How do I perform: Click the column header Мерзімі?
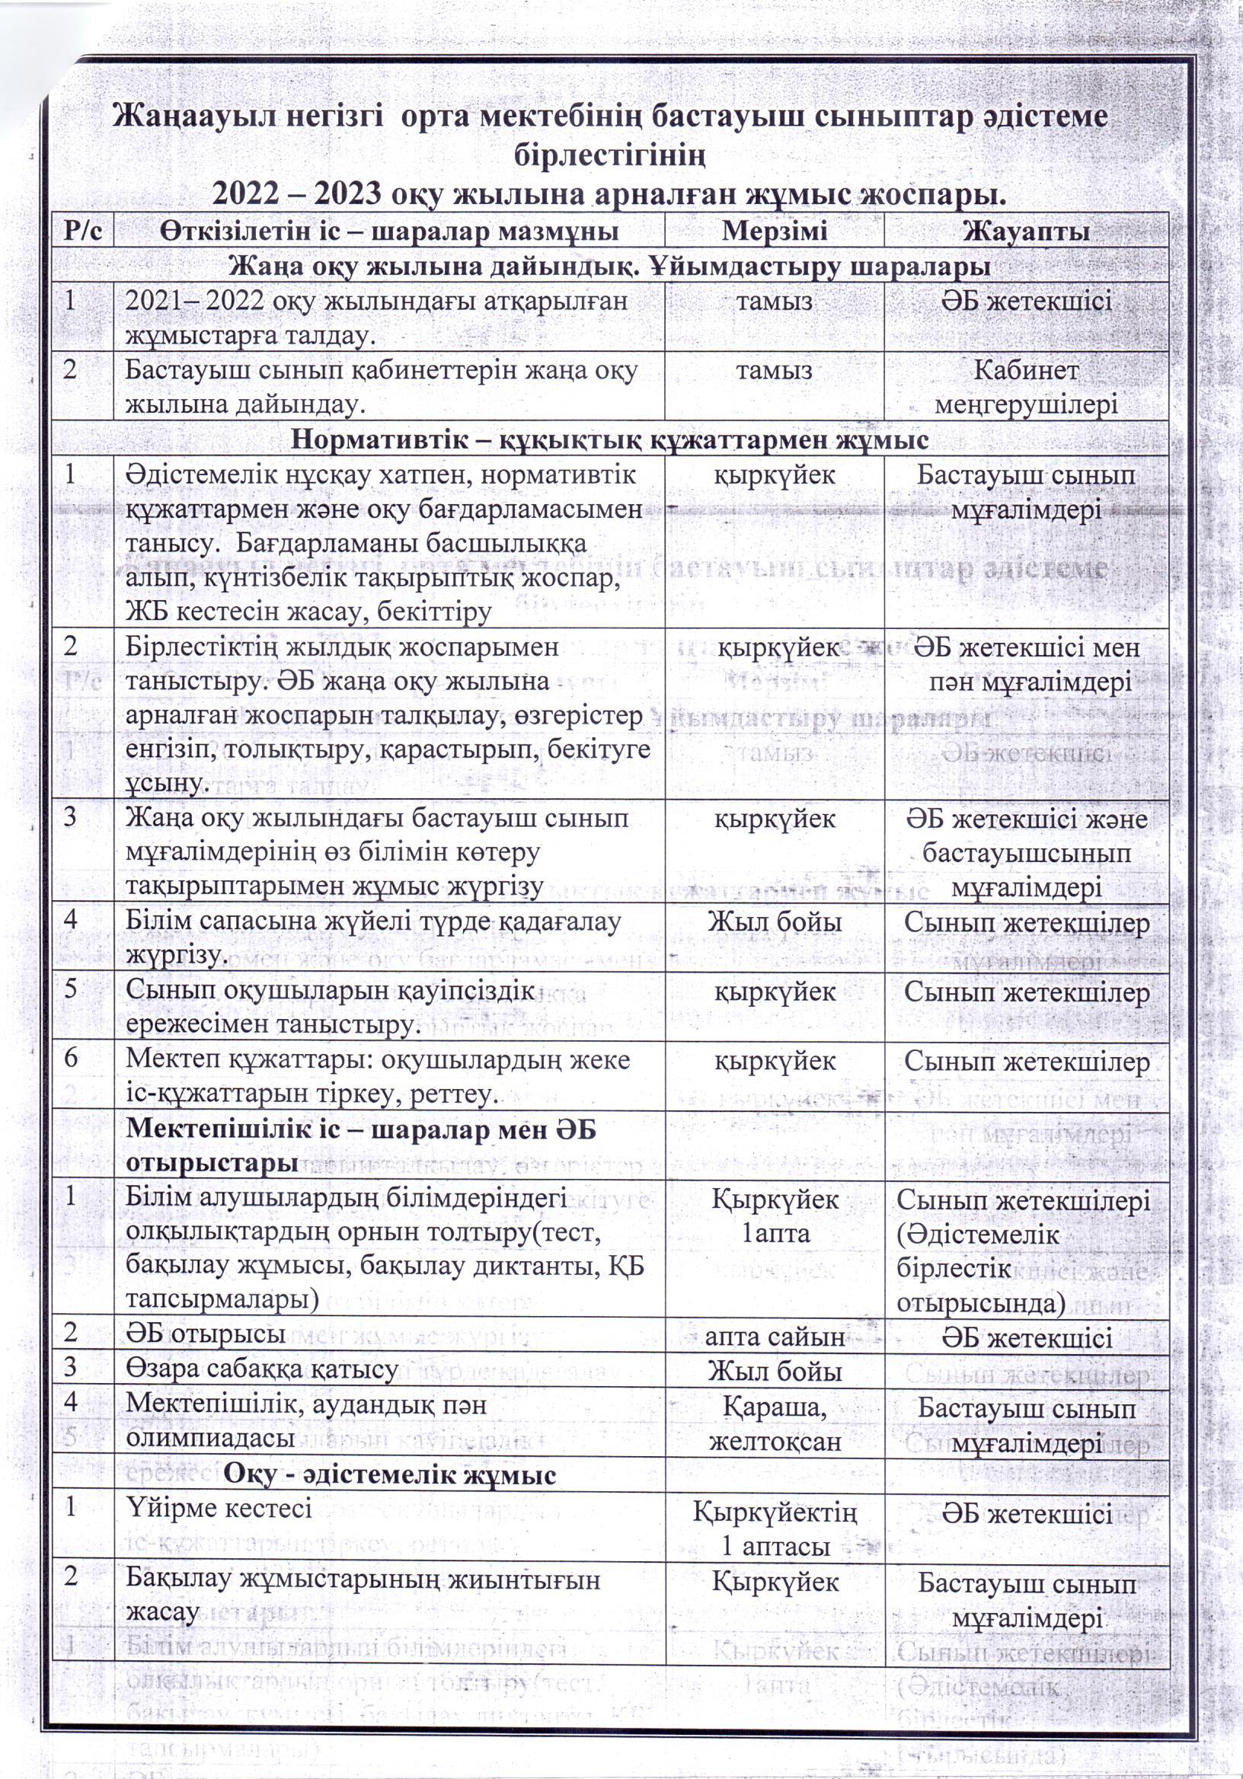[x=774, y=231]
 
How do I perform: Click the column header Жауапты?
[x=1026, y=231]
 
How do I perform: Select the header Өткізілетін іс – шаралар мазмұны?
[x=390, y=231]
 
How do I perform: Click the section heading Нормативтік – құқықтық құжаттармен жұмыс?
[x=610, y=440]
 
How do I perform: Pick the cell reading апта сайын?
[x=774, y=1337]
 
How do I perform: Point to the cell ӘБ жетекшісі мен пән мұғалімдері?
[x=1026, y=664]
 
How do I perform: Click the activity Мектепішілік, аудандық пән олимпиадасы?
[x=306, y=1421]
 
